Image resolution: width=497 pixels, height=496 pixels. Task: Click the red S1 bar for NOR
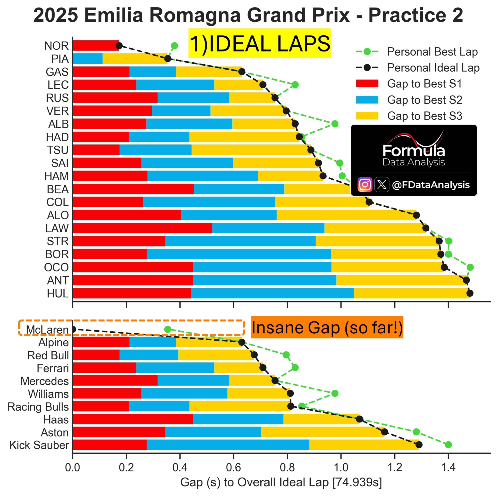96,46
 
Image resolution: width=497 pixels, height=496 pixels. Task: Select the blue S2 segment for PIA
88,59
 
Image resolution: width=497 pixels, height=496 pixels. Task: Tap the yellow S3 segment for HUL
411,293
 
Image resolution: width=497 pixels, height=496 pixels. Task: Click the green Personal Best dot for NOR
174,46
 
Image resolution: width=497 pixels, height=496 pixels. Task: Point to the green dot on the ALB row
334,124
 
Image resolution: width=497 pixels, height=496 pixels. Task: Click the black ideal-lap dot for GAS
241,72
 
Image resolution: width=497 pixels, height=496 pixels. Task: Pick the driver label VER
57,111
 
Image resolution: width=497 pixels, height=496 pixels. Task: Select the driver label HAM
56,176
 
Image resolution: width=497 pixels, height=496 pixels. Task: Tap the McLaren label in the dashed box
47,330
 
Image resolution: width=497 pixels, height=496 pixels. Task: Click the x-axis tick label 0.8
287,467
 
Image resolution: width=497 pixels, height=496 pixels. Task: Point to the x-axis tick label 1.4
448,467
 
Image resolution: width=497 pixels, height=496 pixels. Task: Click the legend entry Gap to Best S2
424,100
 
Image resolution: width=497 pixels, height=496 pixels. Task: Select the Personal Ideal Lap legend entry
433,68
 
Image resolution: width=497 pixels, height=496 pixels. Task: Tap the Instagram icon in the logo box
365,185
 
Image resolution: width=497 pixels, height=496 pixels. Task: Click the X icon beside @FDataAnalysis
382,185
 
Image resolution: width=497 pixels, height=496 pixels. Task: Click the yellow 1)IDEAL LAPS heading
259,43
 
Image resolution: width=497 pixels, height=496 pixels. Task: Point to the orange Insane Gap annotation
327,328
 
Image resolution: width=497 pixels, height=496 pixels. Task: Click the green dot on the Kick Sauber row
448,445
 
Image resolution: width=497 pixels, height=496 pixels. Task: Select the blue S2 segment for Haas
238,419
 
